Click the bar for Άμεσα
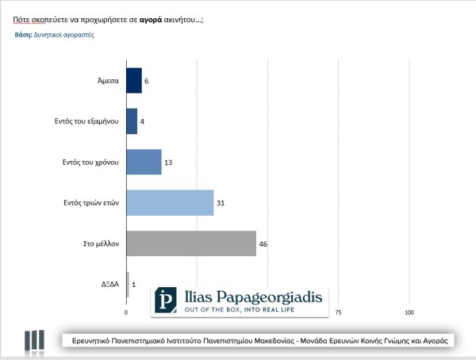click(x=133, y=80)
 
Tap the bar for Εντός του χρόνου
click(x=144, y=162)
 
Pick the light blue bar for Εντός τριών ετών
click(x=170, y=202)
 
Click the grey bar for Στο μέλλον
click(x=191, y=243)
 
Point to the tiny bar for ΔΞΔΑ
click(x=127, y=284)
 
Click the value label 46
click(x=263, y=243)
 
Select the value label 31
click(x=221, y=203)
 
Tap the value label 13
click(x=168, y=162)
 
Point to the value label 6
click(x=148, y=80)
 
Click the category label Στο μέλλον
click(x=102, y=243)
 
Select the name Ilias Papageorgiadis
click(x=253, y=297)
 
